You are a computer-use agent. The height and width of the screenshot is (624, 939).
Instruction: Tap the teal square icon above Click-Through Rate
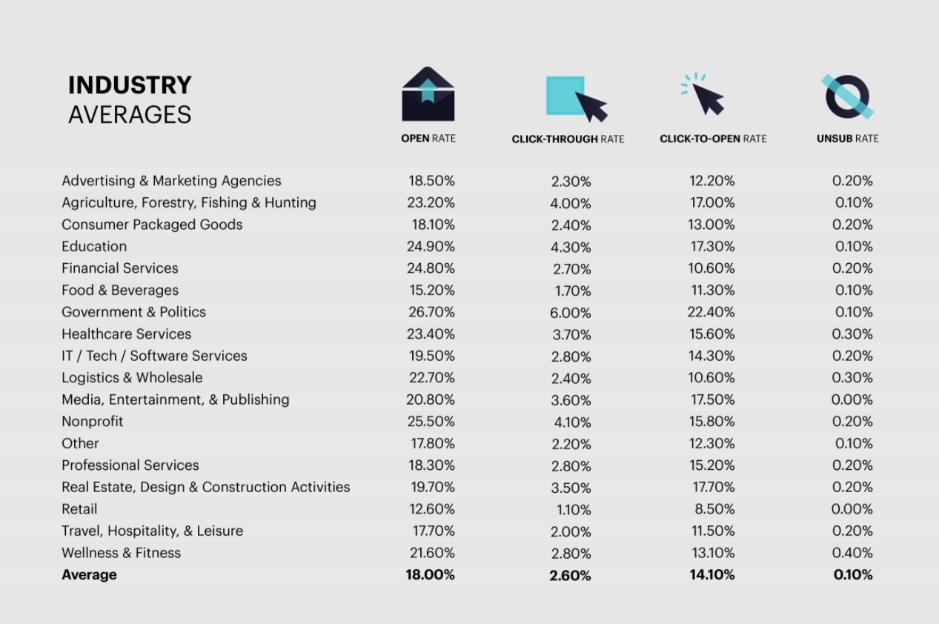[565, 96]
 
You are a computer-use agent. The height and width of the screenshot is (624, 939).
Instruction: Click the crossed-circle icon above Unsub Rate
[847, 96]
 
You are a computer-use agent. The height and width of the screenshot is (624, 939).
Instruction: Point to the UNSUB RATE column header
[847, 139]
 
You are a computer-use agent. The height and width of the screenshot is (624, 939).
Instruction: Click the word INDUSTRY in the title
[130, 85]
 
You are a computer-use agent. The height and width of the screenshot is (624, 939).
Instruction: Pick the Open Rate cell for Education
[431, 246]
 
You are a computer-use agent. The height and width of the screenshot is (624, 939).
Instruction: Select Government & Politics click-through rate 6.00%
[571, 313]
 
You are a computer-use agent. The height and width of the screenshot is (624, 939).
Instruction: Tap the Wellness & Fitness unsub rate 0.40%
[852, 553]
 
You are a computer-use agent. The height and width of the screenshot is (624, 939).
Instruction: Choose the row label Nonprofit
[93, 422]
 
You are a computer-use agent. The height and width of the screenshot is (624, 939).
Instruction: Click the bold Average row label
[89, 574]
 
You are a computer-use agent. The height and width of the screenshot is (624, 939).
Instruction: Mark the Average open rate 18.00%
[430, 574]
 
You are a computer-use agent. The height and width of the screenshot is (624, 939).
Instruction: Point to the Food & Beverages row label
[120, 290]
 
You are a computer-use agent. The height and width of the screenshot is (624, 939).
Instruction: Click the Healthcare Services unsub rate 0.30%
[852, 334]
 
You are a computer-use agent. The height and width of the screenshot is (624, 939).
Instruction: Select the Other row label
[80, 443]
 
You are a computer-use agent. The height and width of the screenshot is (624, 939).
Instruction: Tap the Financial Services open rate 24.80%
[431, 268]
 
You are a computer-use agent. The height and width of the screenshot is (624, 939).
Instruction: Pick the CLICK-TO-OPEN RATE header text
[713, 139]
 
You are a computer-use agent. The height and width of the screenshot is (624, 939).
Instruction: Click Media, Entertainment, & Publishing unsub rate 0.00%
[852, 399]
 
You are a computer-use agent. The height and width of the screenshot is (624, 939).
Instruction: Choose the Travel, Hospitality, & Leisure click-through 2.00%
[571, 531]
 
